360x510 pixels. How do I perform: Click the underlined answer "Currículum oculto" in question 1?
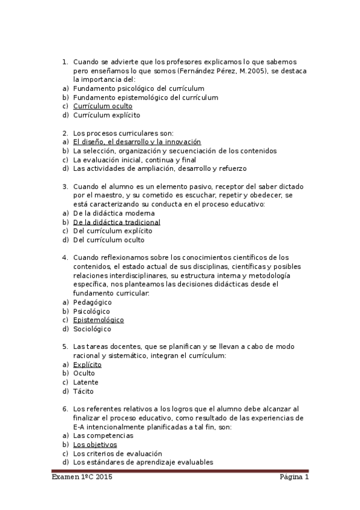pyautogui.click(x=103, y=106)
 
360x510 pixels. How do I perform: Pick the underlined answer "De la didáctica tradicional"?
pyautogui.click(x=117, y=222)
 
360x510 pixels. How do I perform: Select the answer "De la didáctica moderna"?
pyautogui.click(x=114, y=213)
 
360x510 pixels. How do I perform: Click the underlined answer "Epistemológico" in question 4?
pyautogui.click(x=99, y=320)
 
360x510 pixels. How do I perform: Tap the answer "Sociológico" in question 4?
pyautogui.click(x=92, y=329)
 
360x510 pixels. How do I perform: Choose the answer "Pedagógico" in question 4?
pyautogui.click(x=93, y=302)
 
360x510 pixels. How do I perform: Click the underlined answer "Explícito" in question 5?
pyautogui.click(x=87, y=364)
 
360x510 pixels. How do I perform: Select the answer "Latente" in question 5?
pyautogui.click(x=86, y=382)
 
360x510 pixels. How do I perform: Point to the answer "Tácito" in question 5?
pyautogui.click(x=84, y=392)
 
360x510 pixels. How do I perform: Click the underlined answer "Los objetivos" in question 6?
pyautogui.click(x=95, y=444)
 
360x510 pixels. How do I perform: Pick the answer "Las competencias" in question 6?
pyautogui.click(x=103, y=435)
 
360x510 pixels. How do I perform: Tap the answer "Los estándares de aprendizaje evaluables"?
pyautogui.click(x=142, y=462)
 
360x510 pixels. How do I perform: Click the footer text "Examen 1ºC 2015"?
pyautogui.click(x=82, y=478)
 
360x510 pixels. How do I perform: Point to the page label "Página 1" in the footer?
pyautogui.click(x=294, y=478)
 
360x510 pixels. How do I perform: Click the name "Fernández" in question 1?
pyautogui.click(x=195, y=71)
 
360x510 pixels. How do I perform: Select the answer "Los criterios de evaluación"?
pyautogui.click(x=117, y=453)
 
